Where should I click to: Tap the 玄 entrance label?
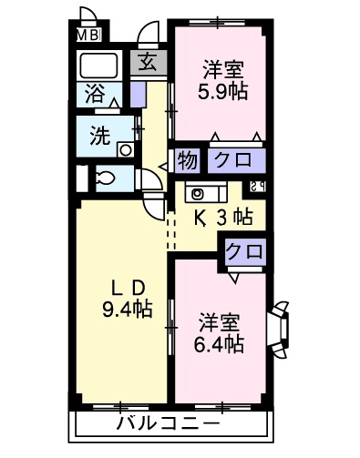click(147, 64)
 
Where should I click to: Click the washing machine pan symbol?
click(127, 151)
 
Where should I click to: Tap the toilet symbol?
click(104, 178)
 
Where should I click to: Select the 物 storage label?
click(186, 160)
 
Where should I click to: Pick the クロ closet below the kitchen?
click(243, 249)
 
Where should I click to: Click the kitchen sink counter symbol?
click(206, 193)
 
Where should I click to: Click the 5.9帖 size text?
click(222, 92)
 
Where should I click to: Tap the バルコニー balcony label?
click(168, 424)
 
